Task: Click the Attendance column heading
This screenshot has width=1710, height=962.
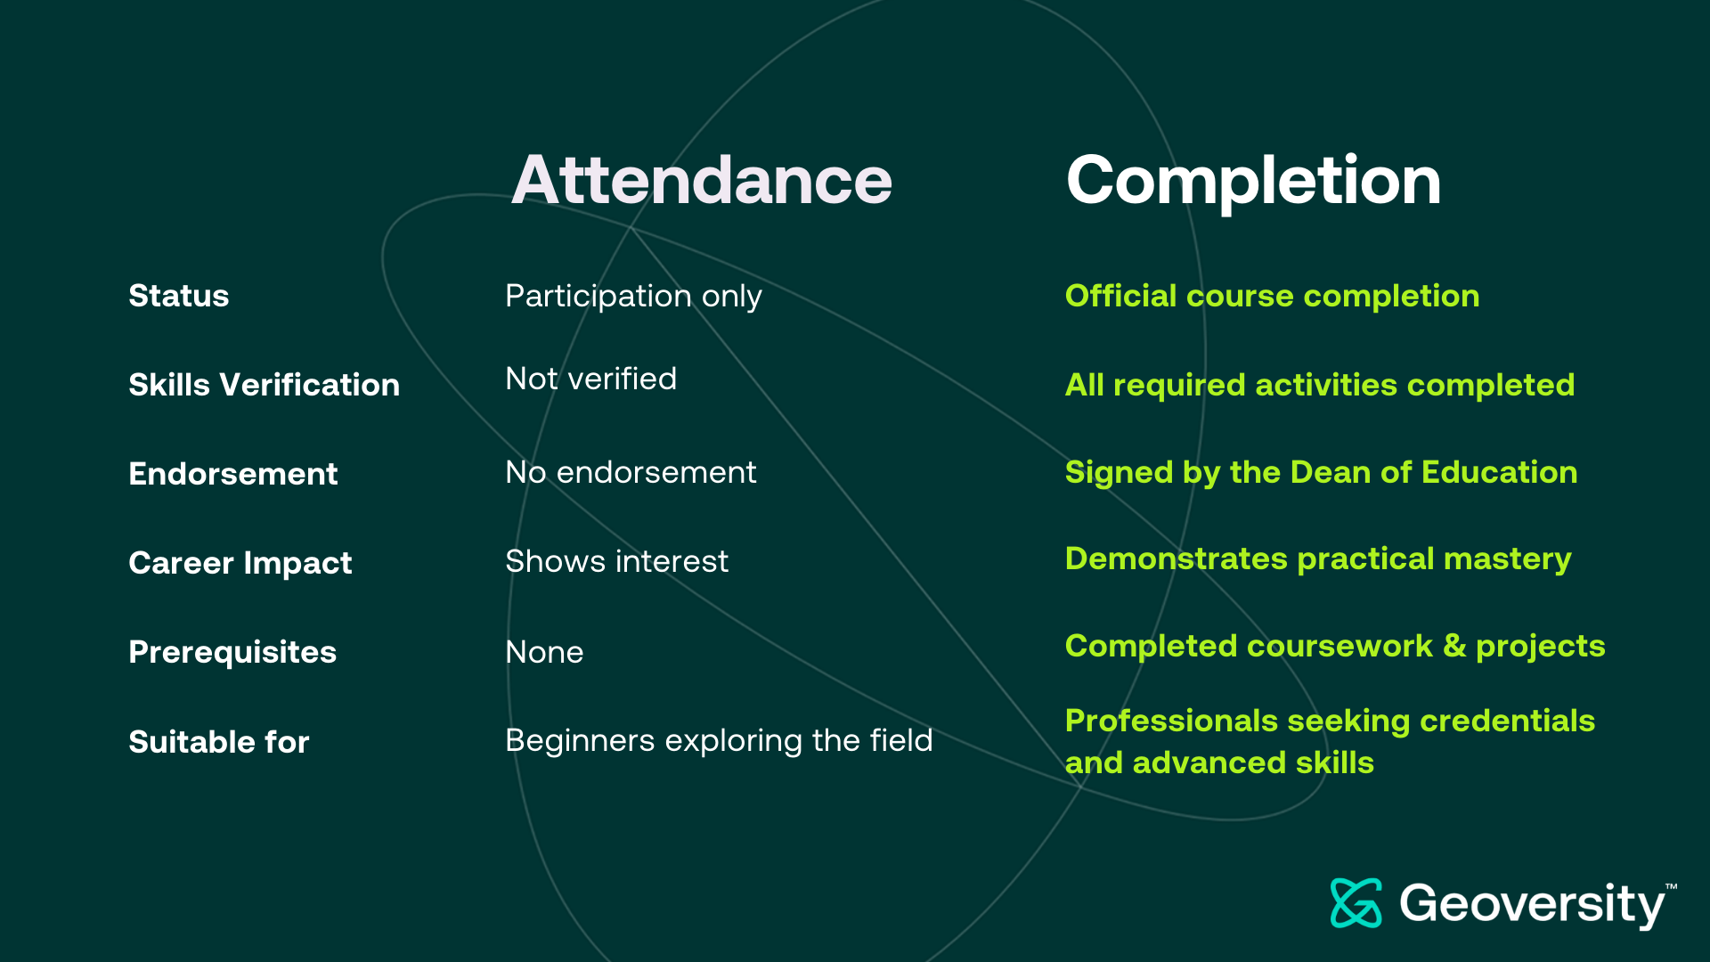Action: [x=702, y=180]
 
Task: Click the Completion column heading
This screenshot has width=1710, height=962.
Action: [x=1253, y=182]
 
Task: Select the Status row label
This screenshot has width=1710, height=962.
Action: [x=179, y=296]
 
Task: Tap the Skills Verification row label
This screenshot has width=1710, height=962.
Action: [x=265, y=385]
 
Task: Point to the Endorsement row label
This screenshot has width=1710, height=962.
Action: [x=233, y=474]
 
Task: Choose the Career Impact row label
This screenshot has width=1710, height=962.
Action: [x=240, y=564]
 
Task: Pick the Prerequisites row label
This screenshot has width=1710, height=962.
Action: [x=232, y=653]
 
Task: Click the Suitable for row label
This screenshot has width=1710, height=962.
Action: [x=219, y=742]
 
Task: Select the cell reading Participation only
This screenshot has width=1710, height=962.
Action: [x=633, y=297]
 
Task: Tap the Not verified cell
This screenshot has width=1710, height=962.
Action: [x=590, y=379]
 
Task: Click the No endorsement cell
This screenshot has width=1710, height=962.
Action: [x=631, y=472]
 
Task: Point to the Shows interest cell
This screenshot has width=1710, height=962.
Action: [x=616, y=561]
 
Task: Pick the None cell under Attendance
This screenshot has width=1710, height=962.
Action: [x=544, y=652]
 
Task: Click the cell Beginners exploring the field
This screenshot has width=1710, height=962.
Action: [x=719, y=741]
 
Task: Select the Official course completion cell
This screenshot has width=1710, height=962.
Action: [x=1272, y=297]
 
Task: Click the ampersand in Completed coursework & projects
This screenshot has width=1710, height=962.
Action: [x=1454, y=646]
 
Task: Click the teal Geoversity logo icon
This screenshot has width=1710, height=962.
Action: [x=1356, y=903]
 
